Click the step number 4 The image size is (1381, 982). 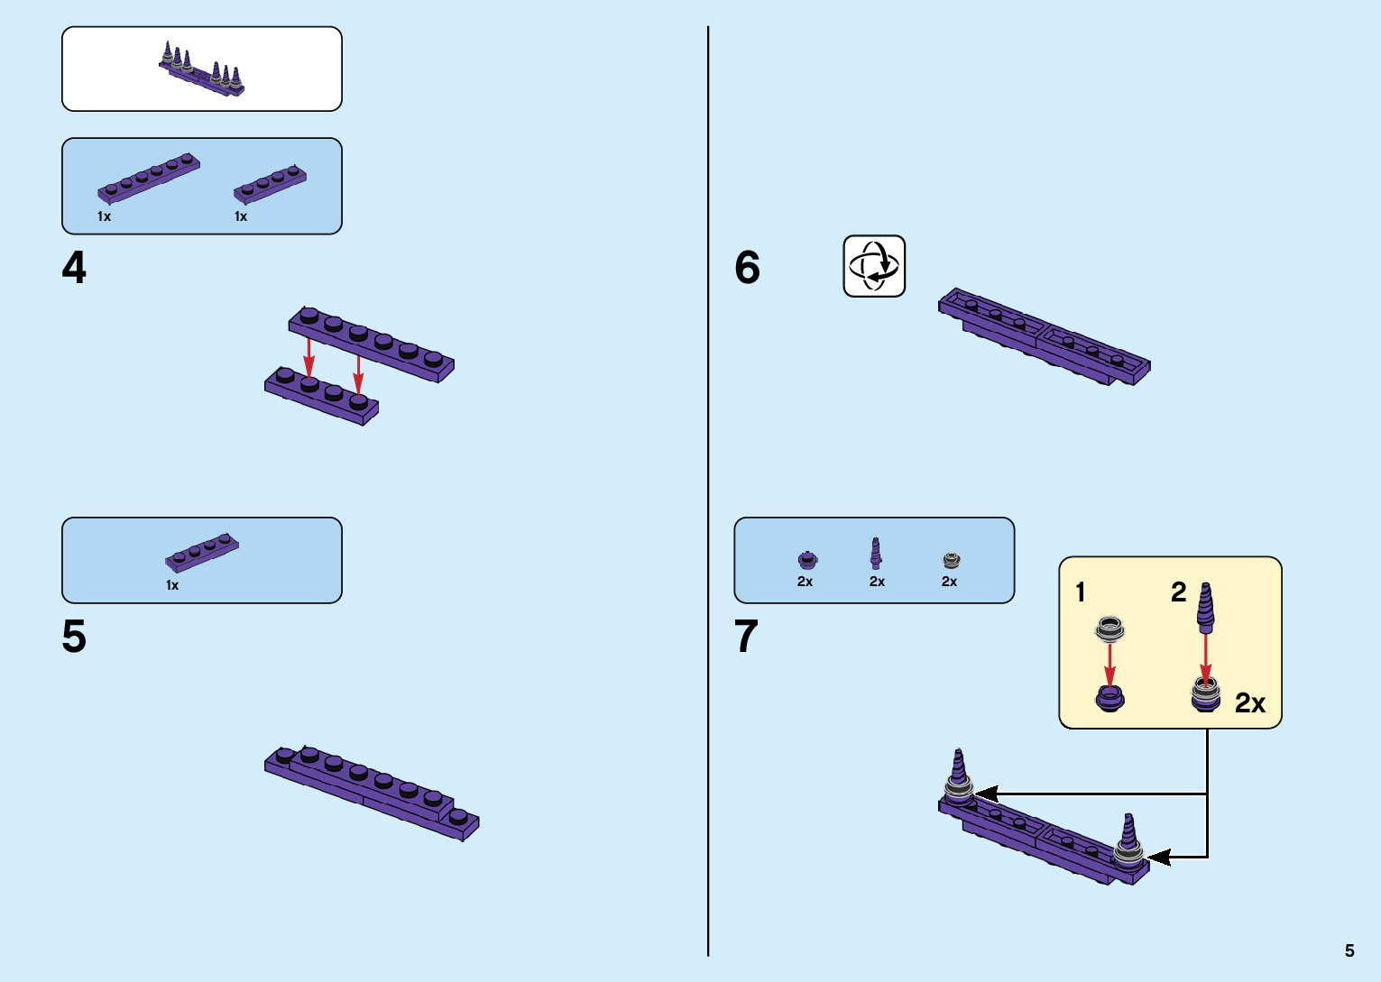tap(74, 269)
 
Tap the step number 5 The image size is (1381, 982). tap(74, 638)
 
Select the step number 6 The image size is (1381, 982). tap(747, 268)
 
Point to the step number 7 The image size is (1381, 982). tap(746, 638)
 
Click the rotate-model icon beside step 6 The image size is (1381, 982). tap(874, 266)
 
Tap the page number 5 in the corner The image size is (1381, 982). tap(1349, 950)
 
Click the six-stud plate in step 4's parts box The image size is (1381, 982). tap(149, 178)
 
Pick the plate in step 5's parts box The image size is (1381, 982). tap(202, 553)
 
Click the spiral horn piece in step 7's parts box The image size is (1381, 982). tap(876, 554)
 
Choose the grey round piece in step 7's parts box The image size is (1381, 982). tap(951, 560)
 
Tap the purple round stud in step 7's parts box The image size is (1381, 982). tap(807, 560)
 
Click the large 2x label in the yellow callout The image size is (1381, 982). tap(1249, 703)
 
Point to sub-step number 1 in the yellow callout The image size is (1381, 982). tap(1081, 592)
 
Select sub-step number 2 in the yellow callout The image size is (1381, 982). tap(1178, 592)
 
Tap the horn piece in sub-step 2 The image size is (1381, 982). tap(1205, 606)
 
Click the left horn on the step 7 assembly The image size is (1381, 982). tap(958, 772)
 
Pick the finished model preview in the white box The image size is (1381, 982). tap(202, 69)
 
